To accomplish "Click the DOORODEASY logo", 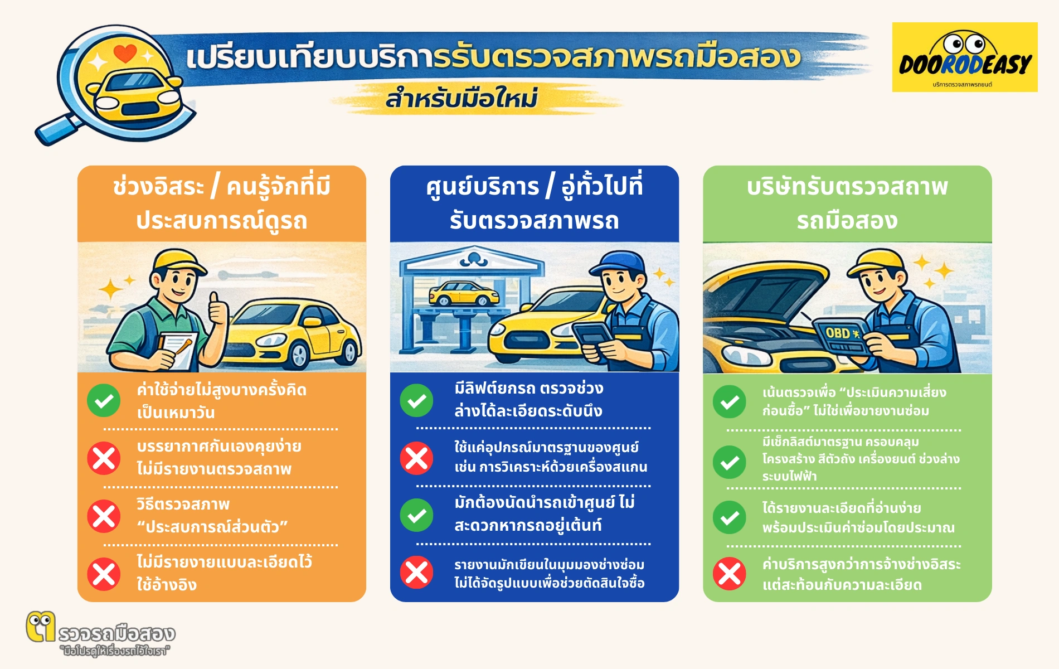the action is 964,57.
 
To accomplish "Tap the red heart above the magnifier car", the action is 125,53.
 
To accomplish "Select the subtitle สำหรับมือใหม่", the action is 462,99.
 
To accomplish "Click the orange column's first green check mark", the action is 104,400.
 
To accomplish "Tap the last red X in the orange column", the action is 104,574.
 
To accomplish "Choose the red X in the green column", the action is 729,574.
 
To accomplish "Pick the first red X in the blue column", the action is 416,458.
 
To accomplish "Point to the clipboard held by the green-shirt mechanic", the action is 177,348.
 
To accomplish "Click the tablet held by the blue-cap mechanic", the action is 592,334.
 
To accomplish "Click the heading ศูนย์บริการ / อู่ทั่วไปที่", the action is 534,186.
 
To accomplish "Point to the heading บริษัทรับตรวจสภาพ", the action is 847,186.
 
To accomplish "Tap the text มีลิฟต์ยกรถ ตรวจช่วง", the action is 528,388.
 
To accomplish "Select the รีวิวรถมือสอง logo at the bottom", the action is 100,634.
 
